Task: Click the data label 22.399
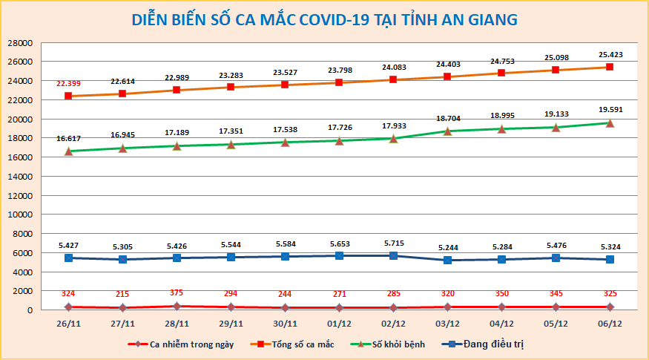[68, 84]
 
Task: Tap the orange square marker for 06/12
[610, 67]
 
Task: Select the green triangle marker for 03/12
[447, 131]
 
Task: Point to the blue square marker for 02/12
[393, 255]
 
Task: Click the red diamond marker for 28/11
[177, 306]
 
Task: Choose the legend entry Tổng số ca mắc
[280, 344]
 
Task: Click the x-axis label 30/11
[285, 324]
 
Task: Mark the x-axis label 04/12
[501, 324]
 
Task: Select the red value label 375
[177, 292]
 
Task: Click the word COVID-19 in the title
[337, 19]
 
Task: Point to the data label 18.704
[447, 118]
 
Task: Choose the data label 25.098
[556, 57]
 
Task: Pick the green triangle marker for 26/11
[68, 151]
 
